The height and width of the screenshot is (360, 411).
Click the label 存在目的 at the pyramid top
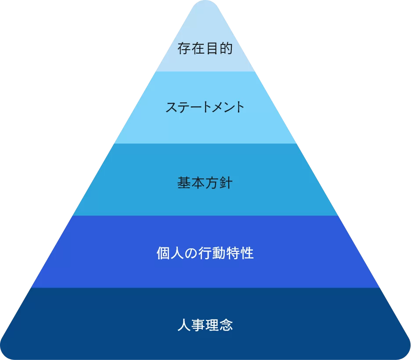pyautogui.click(x=205, y=48)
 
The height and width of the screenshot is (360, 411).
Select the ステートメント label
pyautogui.click(x=205, y=107)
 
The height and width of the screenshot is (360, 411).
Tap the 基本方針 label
pyautogui.click(x=205, y=183)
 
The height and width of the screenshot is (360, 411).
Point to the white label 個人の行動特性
pyautogui.click(x=205, y=253)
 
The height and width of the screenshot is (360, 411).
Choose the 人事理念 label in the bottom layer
pyautogui.click(x=205, y=325)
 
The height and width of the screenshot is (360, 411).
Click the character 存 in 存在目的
pyautogui.click(x=184, y=48)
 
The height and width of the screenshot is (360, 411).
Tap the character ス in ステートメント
pyautogui.click(x=172, y=107)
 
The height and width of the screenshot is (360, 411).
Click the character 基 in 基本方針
pyautogui.click(x=184, y=183)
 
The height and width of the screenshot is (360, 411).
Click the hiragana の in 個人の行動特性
pyautogui.click(x=191, y=254)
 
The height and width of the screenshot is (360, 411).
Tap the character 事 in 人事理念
pyautogui.click(x=198, y=325)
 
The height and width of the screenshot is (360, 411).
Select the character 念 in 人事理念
pyautogui.click(x=226, y=325)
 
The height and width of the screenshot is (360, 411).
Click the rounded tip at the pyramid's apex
pyautogui.click(x=205, y=4)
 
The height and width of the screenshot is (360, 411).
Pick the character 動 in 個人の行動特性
pyautogui.click(x=219, y=253)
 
